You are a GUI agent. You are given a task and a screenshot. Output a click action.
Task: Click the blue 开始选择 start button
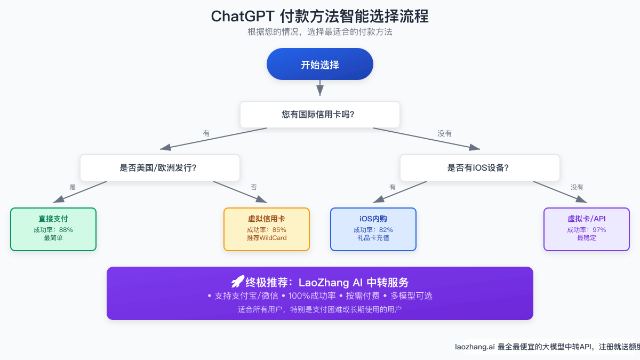[x=320, y=65]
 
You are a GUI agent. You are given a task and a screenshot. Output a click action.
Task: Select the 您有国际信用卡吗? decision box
[x=320, y=114]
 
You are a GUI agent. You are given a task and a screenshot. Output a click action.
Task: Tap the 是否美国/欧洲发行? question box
[x=160, y=167]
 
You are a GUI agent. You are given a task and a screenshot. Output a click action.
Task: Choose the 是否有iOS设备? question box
[x=480, y=167]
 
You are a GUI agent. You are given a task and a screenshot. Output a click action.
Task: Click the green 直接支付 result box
[x=53, y=229]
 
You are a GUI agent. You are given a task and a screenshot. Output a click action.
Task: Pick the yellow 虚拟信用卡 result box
[x=267, y=229]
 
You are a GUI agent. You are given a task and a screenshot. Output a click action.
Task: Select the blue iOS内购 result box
[x=373, y=229]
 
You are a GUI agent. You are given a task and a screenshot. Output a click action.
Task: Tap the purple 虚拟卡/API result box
[x=587, y=229]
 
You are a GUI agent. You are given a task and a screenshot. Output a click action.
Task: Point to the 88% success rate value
[x=66, y=229]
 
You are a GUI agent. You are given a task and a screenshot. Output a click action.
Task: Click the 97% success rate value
[x=599, y=229]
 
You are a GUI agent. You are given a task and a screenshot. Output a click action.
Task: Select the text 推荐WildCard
[x=267, y=238]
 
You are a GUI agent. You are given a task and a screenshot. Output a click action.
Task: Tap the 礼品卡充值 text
[x=373, y=238]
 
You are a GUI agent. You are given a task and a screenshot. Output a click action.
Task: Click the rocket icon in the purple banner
[x=237, y=282]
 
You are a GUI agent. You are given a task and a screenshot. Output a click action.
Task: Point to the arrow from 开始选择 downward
[x=320, y=88]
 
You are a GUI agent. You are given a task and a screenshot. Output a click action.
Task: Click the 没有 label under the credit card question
[x=445, y=134]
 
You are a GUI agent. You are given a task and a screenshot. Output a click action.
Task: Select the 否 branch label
[x=254, y=187]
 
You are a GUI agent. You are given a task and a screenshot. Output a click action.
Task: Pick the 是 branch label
[x=73, y=187]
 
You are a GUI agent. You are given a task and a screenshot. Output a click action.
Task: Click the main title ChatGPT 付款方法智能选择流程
[x=320, y=17]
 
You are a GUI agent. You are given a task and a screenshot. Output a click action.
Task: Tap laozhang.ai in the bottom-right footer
[x=474, y=347]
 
